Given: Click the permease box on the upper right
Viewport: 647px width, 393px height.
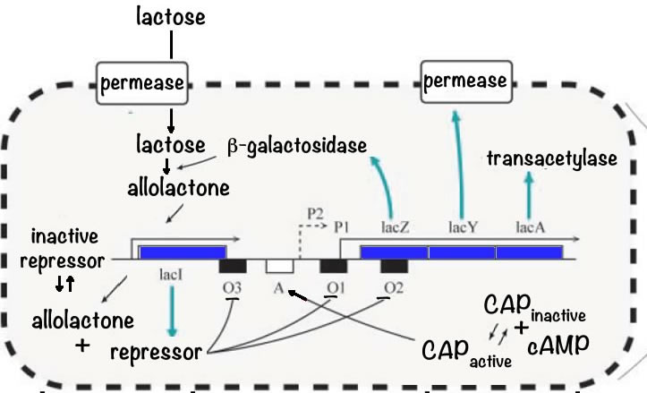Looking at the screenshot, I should click(x=465, y=82).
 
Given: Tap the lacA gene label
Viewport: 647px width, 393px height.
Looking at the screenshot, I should click(x=530, y=227).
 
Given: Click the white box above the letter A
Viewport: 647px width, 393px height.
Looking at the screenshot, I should click(x=280, y=266).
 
